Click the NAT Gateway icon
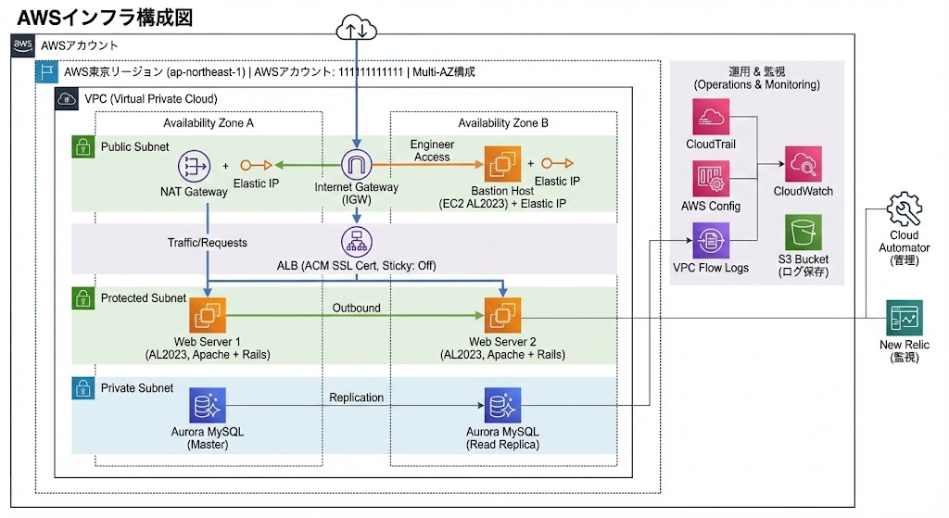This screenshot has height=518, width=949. (194, 167)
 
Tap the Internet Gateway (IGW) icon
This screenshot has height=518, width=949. (357, 165)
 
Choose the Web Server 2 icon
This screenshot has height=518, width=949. (503, 316)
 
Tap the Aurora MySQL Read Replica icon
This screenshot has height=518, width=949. (503, 406)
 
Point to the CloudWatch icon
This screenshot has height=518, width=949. (803, 165)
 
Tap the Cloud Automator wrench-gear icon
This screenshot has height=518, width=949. (905, 210)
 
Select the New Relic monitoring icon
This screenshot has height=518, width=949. (905, 318)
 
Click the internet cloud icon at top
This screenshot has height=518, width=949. (357, 29)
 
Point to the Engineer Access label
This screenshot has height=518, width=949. (431, 151)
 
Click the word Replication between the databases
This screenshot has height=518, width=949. (357, 398)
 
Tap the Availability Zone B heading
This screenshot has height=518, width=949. (503, 123)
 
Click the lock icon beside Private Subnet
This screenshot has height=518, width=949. (82, 388)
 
